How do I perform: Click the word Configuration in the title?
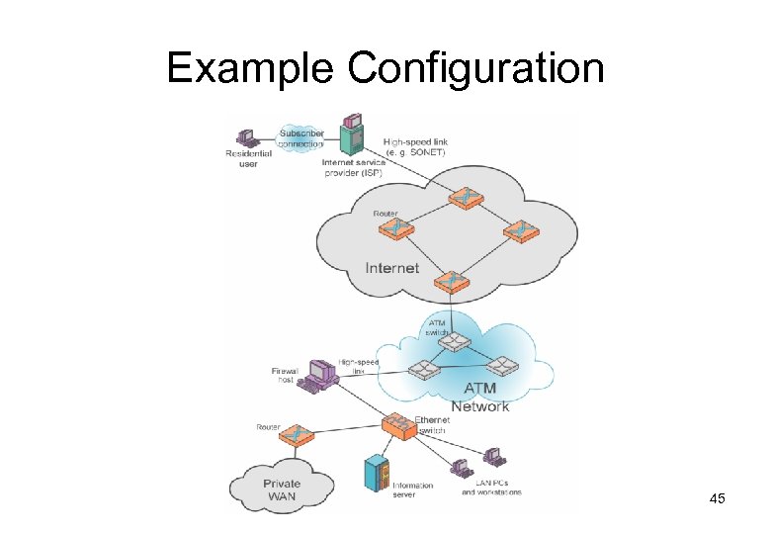point(476,70)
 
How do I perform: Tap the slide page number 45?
point(717,499)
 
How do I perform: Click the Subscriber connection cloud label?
point(300,138)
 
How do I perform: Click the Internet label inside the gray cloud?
point(391,267)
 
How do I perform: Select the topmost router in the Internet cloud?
point(462,199)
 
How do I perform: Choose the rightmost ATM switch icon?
point(501,366)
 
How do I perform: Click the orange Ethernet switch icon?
point(399,426)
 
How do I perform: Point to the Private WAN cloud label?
point(282,489)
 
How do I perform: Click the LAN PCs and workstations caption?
point(491,488)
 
